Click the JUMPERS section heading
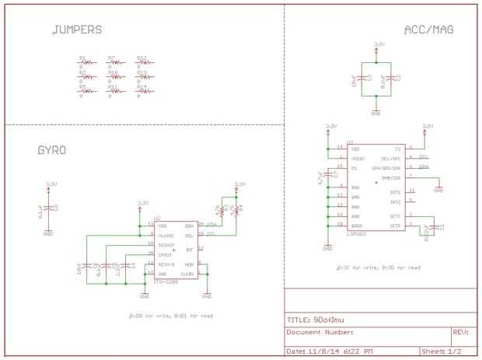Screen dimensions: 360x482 [x=76, y=30]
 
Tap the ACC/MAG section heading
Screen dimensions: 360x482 [x=429, y=30]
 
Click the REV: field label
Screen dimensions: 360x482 [x=460, y=332]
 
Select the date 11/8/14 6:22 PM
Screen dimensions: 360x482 [x=340, y=351]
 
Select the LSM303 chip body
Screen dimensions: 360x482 [x=375, y=187]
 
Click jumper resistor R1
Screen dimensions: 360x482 [x=86, y=61]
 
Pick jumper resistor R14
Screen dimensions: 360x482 [x=143, y=90]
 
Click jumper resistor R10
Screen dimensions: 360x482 [x=114, y=76]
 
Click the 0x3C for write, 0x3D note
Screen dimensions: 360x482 [x=378, y=268]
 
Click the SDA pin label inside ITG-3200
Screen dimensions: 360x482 [x=189, y=225]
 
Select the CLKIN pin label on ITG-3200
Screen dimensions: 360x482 [x=187, y=274]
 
